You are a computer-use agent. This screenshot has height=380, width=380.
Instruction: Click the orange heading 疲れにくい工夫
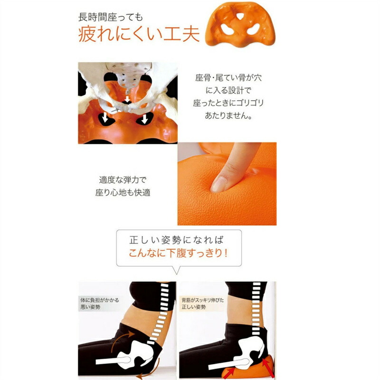[x=139, y=34]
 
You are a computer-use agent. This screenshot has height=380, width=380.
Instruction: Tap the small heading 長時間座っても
[x=111, y=17]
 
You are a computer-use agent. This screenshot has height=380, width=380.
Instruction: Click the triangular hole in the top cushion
[x=240, y=16]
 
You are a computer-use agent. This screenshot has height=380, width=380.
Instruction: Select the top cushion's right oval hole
[x=253, y=29]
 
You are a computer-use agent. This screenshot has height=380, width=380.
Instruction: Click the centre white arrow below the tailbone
[x=127, y=99]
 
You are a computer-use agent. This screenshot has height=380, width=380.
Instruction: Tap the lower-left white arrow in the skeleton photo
[x=105, y=118]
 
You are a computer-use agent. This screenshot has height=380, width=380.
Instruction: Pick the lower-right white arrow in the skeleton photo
[x=145, y=119]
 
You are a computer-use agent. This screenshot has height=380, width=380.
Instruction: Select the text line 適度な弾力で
[x=123, y=180]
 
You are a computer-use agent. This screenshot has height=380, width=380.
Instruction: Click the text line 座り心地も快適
[x=123, y=193]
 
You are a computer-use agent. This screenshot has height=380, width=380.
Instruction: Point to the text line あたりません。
[x=228, y=115]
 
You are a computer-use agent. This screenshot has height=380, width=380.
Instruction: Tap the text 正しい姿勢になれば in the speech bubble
[x=176, y=240]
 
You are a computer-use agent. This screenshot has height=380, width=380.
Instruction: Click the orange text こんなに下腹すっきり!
[x=178, y=253]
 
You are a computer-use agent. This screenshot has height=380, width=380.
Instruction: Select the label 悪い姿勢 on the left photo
[x=90, y=307]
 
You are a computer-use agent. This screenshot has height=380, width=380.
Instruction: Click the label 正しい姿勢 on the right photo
[x=194, y=307]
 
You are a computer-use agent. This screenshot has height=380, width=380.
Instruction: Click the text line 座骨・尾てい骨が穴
[x=228, y=77]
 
